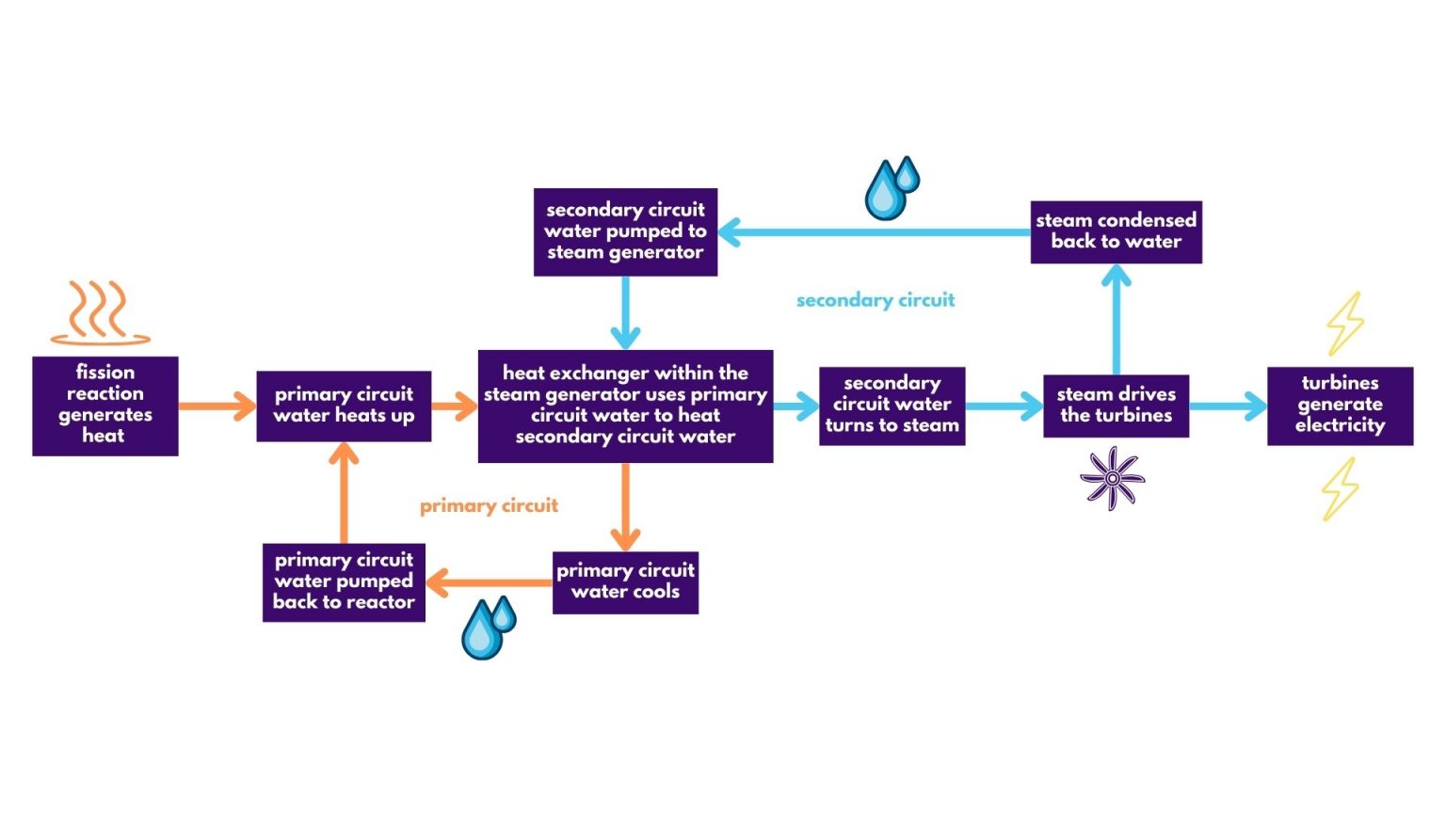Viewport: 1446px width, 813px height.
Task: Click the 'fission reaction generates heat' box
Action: [104, 406]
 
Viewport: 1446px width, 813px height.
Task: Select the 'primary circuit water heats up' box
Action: [344, 406]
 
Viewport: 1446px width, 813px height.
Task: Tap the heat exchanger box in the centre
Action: [625, 406]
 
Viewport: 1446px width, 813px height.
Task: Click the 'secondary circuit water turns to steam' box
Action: [892, 406]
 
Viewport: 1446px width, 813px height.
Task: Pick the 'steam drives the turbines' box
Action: [1116, 406]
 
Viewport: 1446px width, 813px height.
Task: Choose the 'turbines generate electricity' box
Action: [1340, 406]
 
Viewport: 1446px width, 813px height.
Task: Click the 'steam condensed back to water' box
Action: [1116, 231]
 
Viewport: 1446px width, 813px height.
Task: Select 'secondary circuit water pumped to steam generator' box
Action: [625, 231]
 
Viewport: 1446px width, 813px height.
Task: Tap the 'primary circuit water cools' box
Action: [625, 582]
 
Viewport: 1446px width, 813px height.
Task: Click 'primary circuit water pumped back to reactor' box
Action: [344, 582]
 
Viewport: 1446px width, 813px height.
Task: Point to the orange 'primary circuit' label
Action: [489, 506]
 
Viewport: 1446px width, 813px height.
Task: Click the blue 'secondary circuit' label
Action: [876, 300]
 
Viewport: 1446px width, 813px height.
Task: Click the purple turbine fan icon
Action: [1112, 478]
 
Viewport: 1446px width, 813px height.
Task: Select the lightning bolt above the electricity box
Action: [1345, 323]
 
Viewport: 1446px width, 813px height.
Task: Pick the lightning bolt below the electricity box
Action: [1339, 488]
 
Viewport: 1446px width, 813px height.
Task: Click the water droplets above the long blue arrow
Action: [890, 188]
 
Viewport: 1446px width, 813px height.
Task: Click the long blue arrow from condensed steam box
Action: [876, 231]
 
